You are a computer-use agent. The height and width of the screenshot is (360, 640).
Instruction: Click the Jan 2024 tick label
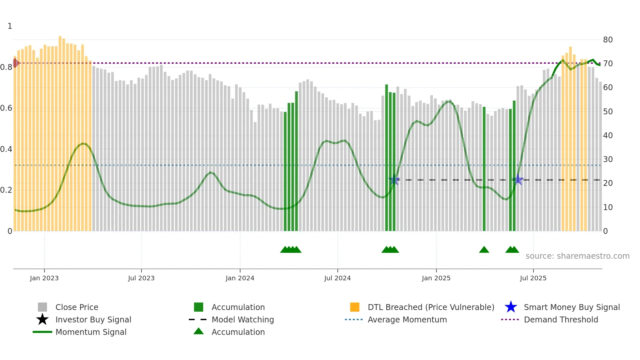coord(240,278)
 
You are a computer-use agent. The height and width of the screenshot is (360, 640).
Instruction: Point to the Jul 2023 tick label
coord(141,278)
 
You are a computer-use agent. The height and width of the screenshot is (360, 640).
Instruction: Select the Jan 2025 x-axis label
coord(436,278)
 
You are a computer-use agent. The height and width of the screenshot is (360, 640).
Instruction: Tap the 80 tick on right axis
coord(608,40)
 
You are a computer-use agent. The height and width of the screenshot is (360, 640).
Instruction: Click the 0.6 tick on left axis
coord(6,108)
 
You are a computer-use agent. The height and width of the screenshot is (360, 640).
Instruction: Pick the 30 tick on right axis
coord(608,159)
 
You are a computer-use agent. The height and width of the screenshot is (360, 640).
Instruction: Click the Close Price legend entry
coord(77,307)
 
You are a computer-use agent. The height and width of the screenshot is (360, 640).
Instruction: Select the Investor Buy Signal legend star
coord(42,319)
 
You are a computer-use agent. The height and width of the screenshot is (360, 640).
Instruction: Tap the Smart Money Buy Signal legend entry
coord(572,307)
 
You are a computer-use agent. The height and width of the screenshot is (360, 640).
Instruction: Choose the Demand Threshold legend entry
coord(561,319)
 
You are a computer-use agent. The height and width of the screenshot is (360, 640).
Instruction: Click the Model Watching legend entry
coord(243,319)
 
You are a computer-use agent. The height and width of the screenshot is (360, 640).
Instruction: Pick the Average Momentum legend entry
coord(407,319)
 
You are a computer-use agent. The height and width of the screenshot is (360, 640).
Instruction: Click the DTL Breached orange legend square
coord(355,307)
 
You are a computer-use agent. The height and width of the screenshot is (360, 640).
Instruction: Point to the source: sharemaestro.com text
coord(577,256)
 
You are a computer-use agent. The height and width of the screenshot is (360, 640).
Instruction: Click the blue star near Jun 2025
coord(518,180)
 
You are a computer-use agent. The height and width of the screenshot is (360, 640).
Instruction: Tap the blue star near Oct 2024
coord(394,180)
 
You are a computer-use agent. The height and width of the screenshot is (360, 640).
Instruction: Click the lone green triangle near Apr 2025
coord(484,250)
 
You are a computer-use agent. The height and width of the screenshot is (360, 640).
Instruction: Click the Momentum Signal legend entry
coord(91,332)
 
